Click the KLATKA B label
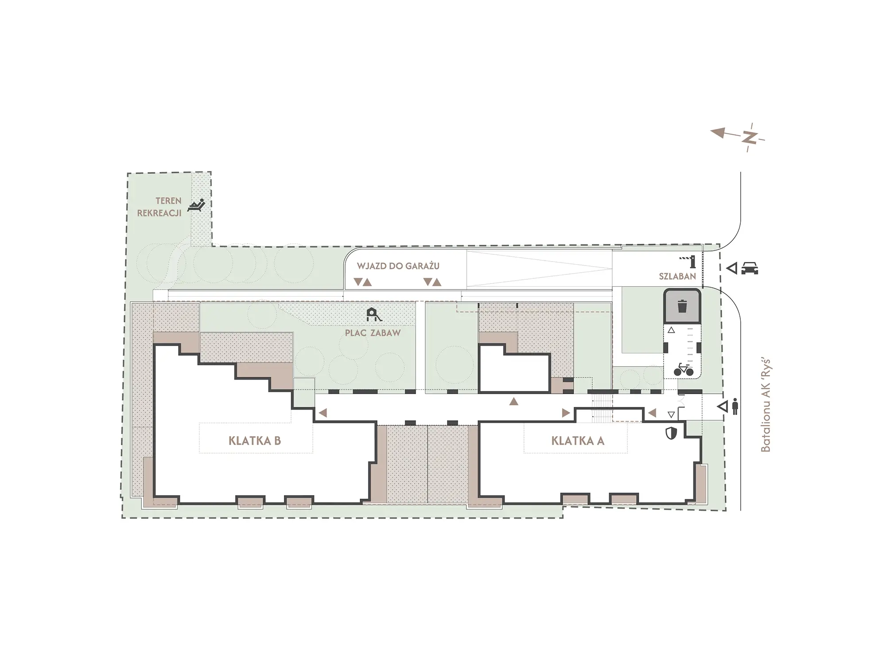[255, 441]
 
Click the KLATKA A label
[578, 441]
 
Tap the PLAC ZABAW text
[373, 333]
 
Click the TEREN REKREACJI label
[159, 207]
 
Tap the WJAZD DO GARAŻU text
[398, 266]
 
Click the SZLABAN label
[677, 276]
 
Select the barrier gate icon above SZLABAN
[688, 262]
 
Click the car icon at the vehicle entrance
[749, 268]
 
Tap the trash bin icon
[683, 306]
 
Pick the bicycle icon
[684, 369]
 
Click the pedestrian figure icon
[735, 407]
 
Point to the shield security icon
[672, 433]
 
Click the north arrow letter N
[750, 137]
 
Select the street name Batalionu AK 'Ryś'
[766, 406]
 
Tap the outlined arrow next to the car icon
[731, 268]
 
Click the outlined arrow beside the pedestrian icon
[723, 407]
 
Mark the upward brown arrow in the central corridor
[514, 401]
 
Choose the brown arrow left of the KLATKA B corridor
[323, 413]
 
